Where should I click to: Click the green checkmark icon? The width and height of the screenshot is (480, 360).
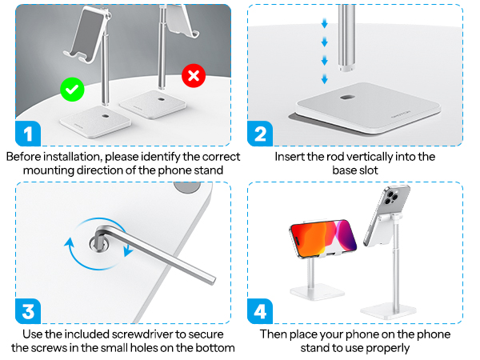(x=72, y=89)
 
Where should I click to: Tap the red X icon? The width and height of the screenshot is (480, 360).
(x=193, y=77)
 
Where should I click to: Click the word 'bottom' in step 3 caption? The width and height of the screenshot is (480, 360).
(x=216, y=348)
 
